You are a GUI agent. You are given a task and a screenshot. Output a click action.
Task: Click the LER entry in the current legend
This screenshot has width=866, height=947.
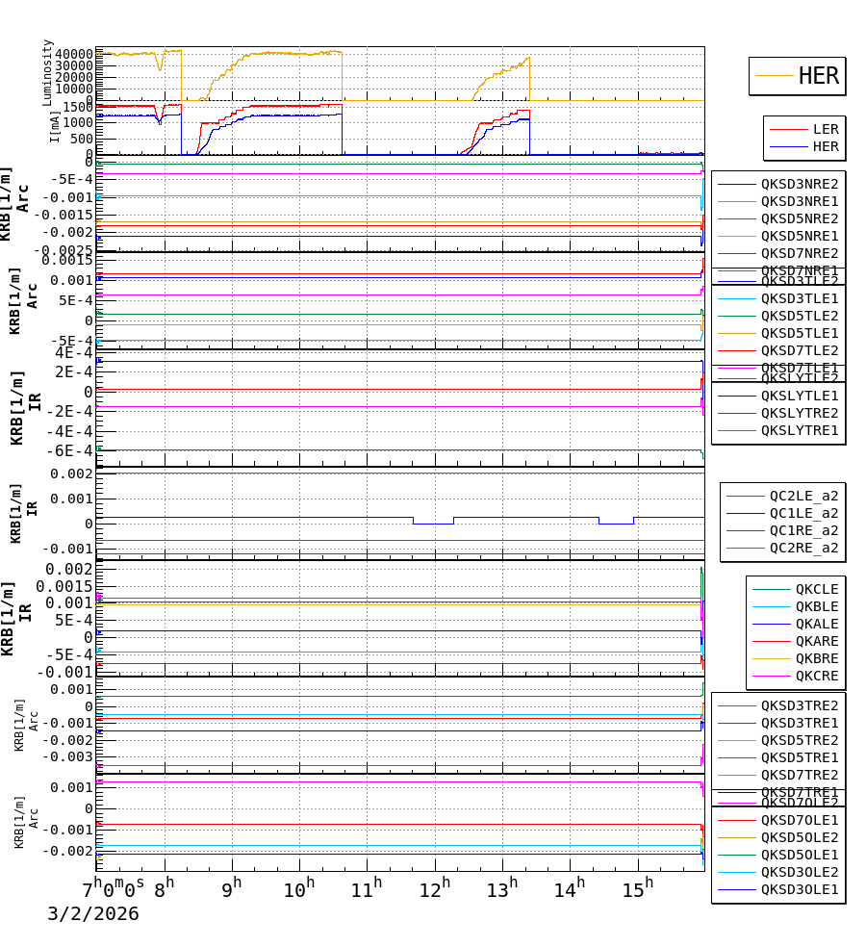click(825, 129)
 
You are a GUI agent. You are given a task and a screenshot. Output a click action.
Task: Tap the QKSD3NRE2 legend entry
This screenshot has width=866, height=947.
click(799, 184)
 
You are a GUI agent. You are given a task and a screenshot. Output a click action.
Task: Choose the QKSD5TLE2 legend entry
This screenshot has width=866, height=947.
click(799, 316)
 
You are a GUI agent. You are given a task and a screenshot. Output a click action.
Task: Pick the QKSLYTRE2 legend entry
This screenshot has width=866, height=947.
click(799, 413)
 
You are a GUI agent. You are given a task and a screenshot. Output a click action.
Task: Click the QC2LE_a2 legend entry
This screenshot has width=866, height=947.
click(802, 496)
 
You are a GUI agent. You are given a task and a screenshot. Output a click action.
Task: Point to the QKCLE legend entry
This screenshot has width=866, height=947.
click(816, 589)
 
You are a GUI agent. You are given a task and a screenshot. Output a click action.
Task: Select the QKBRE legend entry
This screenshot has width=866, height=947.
click(816, 658)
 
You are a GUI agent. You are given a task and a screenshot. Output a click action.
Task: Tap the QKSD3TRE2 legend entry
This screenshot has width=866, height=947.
click(799, 705)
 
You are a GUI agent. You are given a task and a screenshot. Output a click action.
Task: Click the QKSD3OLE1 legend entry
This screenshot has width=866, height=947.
click(799, 889)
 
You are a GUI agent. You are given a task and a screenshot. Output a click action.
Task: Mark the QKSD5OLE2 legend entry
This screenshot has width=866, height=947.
click(799, 837)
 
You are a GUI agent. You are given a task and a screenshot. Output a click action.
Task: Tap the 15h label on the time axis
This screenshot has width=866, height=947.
click(637, 886)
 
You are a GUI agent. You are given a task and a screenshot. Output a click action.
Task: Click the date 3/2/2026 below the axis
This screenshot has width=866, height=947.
click(93, 914)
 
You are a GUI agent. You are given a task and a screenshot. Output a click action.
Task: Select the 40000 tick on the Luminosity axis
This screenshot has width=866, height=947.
click(73, 55)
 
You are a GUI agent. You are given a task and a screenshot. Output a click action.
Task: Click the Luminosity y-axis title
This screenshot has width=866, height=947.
click(48, 72)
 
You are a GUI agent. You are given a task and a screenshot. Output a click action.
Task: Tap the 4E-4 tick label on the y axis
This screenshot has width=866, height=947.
click(73, 352)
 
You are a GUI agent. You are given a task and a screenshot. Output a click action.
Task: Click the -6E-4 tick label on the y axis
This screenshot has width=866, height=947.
click(70, 450)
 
